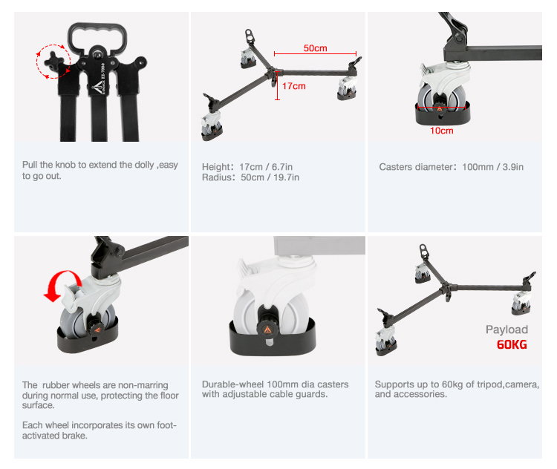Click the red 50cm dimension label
point(315,48)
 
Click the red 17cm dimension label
point(294,86)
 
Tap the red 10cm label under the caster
point(442,131)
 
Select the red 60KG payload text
point(512,344)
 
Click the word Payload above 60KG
point(506,329)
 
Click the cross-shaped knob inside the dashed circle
point(53,62)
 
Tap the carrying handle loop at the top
point(97,37)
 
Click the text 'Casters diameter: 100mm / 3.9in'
point(451,167)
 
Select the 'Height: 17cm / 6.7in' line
point(247,166)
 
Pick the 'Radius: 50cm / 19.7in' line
point(250,177)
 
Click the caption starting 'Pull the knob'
point(100,170)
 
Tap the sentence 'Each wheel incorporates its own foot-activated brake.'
point(99,430)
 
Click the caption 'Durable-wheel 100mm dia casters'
point(276,389)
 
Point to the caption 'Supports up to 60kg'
point(457,389)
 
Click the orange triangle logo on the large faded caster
point(267,330)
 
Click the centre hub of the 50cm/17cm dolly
point(273,73)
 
